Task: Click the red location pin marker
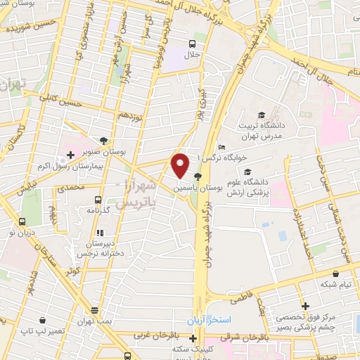[x=180, y=165]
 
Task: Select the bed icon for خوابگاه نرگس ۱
[x=221, y=147]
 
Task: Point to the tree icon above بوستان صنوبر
[x=103, y=140]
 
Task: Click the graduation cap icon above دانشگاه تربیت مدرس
[x=261, y=115]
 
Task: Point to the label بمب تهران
[x=94, y=321]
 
